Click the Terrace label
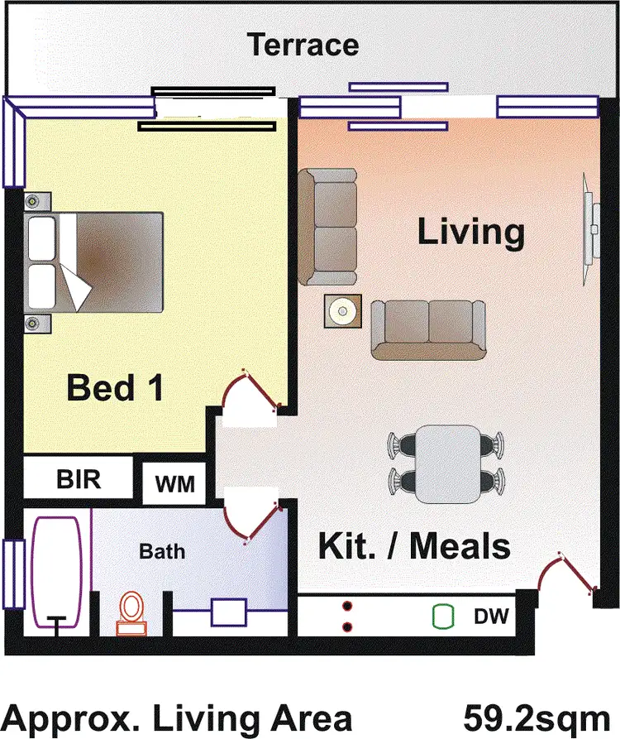click(x=304, y=44)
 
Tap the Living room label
click(x=470, y=233)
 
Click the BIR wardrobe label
click(x=79, y=479)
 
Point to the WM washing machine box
click(x=174, y=483)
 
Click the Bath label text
click(x=162, y=550)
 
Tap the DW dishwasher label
click(x=490, y=617)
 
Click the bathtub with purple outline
click(x=56, y=573)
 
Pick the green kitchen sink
click(x=444, y=617)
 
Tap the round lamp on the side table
click(x=341, y=312)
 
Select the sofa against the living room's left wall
click(x=328, y=225)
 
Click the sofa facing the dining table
click(x=428, y=329)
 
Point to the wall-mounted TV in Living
click(x=590, y=217)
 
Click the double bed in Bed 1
click(x=95, y=262)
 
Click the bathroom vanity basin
click(x=230, y=613)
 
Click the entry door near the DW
click(x=566, y=576)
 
